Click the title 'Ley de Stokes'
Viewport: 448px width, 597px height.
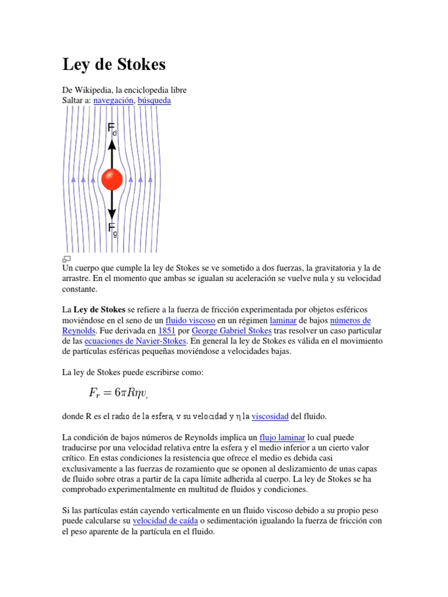click(114, 65)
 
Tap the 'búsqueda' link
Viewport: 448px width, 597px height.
click(154, 100)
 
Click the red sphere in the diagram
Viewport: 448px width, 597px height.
click(112, 180)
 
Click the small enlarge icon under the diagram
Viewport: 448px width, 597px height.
click(66, 259)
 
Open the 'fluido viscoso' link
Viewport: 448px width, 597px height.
click(190, 321)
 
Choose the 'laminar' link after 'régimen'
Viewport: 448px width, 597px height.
click(283, 321)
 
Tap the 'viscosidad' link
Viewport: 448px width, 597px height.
click(269, 417)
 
